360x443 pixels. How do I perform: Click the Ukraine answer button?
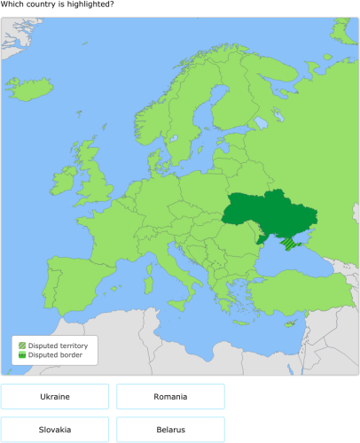point(55,396)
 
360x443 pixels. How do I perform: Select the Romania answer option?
point(170,396)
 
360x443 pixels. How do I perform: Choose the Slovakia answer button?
point(55,430)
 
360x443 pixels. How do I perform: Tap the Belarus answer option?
point(170,430)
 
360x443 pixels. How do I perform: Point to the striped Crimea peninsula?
point(289,242)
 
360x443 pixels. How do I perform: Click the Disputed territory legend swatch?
point(22,345)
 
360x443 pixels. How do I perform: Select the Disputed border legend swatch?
point(22,354)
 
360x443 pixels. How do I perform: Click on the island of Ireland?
point(66,184)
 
